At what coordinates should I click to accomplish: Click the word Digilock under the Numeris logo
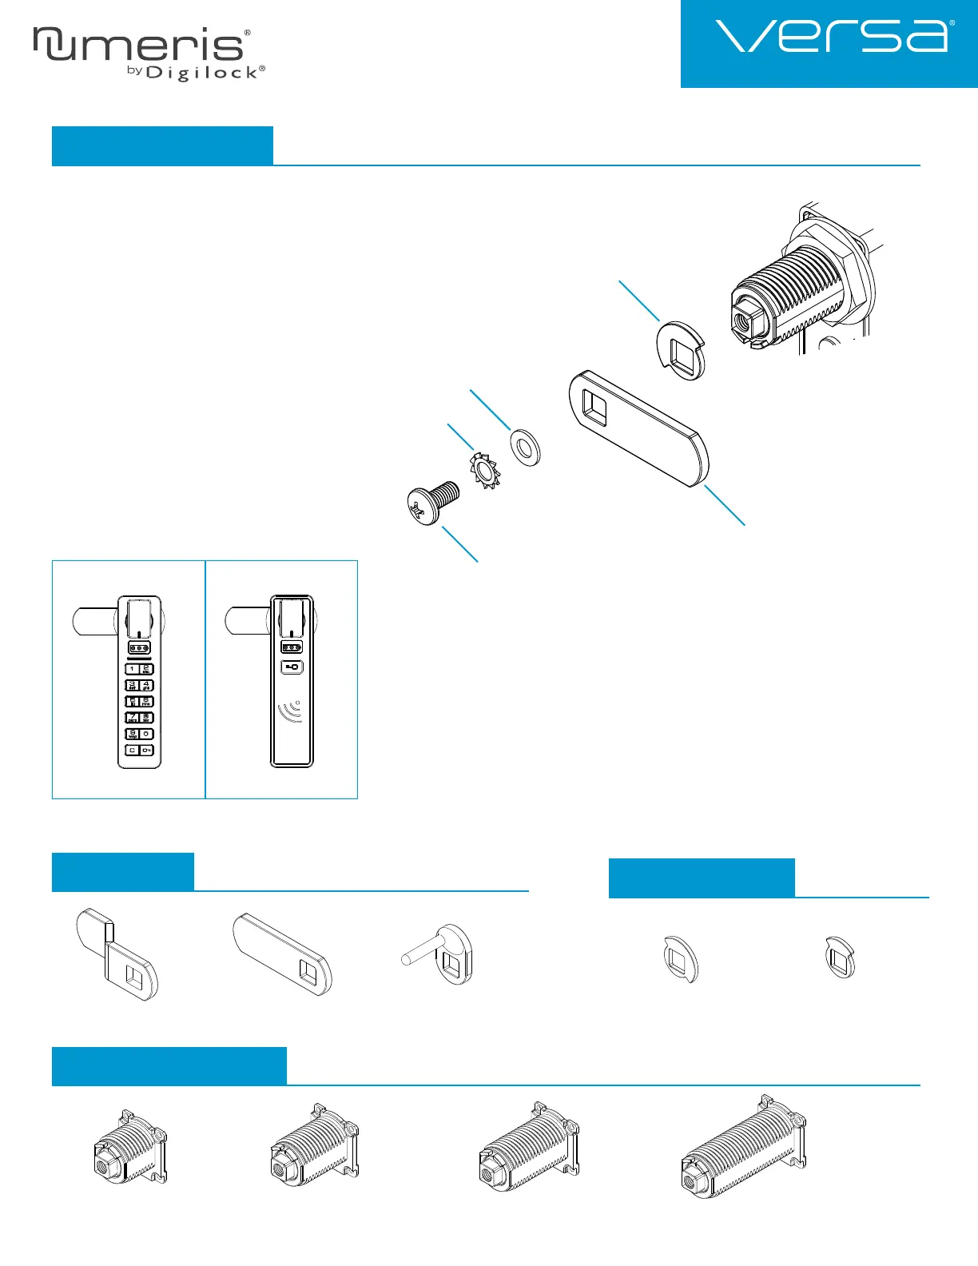coord(202,73)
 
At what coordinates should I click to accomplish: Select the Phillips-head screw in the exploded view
coord(431,503)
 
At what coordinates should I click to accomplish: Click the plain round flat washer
coord(525,447)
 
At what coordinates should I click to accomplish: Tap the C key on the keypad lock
coord(132,750)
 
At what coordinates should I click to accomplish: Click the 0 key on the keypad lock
coord(147,734)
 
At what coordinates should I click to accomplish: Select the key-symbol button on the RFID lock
coord(292,667)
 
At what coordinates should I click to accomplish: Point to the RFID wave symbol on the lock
coord(291,712)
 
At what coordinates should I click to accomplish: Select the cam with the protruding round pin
coord(438,955)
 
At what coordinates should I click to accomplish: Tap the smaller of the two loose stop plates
coord(841,957)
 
